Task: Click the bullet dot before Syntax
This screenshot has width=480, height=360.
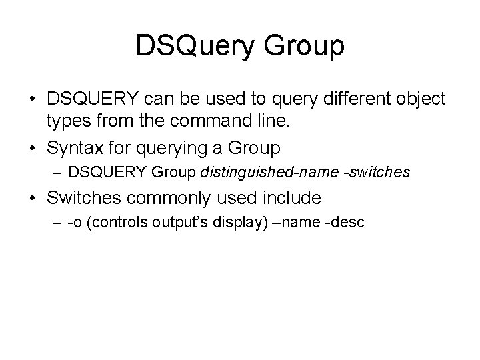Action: (x=33, y=145)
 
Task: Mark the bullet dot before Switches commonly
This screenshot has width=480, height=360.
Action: (x=33, y=199)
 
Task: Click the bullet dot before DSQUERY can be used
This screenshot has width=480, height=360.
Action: (x=33, y=100)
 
